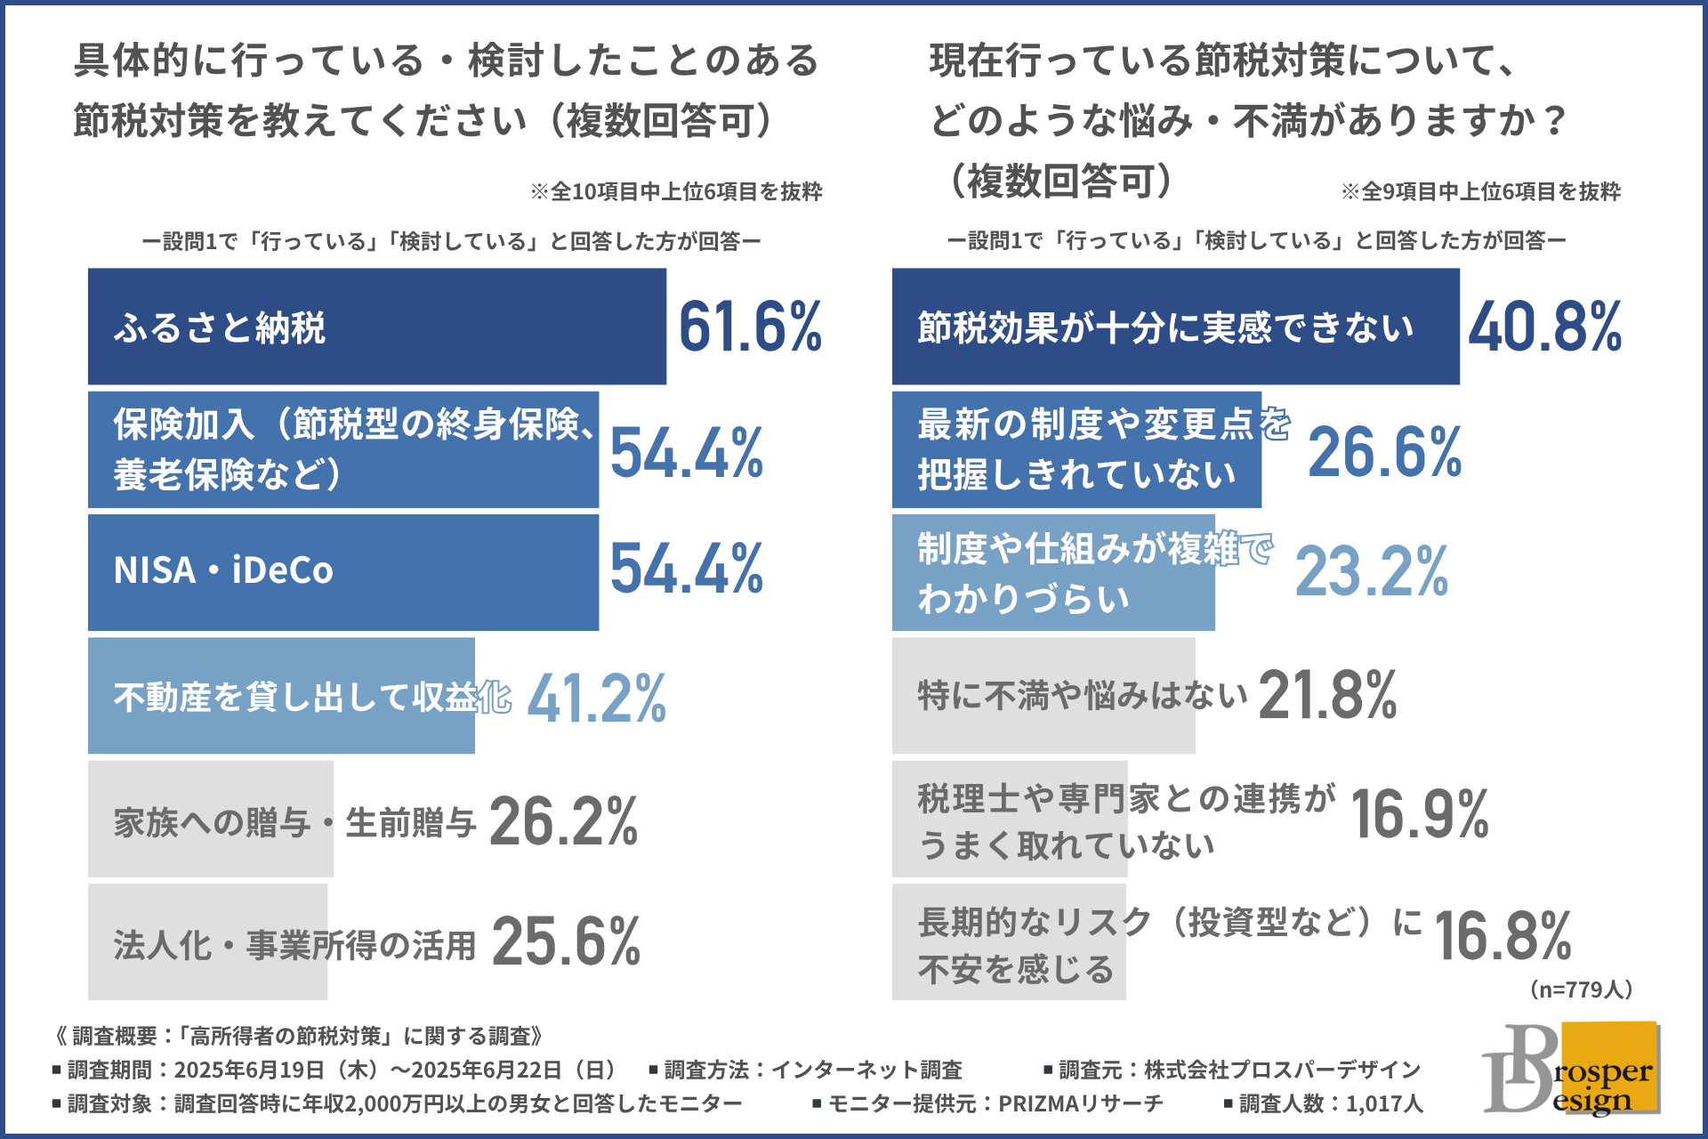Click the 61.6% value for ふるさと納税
pyautogui.click(x=750, y=327)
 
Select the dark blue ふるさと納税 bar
pyautogui.click(x=376, y=327)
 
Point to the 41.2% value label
pyautogui.click(x=596, y=698)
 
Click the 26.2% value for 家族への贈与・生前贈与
pyautogui.click(x=563, y=820)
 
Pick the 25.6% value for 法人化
pyautogui.click(x=566, y=941)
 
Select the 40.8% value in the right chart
pyautogui.click(x=1545, y=327)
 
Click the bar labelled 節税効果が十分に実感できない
pyautogui.click(x=1175, y=327)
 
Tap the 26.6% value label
pyautogui.click(x=1384, y=451)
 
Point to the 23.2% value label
pyautogui.click(x=1372, y=571)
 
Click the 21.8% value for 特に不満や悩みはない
pyautogui.click(x=1327, y=695)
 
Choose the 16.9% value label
pyautogui.click(x=1420, y=814)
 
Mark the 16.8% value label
pyautogui.click(x=1503, y=936)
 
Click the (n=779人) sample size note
pyautogui.click(x=1581, y=990)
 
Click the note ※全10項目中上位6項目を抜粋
pyautogui.click(x=676, y=191)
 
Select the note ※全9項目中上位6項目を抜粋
pyautogui.click(x=1480, y=191)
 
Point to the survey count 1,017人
pyautogui.click(x=1383, y=1103)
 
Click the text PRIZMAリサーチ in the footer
pyautogui.click(x=1080, y=1103)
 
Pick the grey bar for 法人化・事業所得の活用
pyautogui.click(x=207, y=941)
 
